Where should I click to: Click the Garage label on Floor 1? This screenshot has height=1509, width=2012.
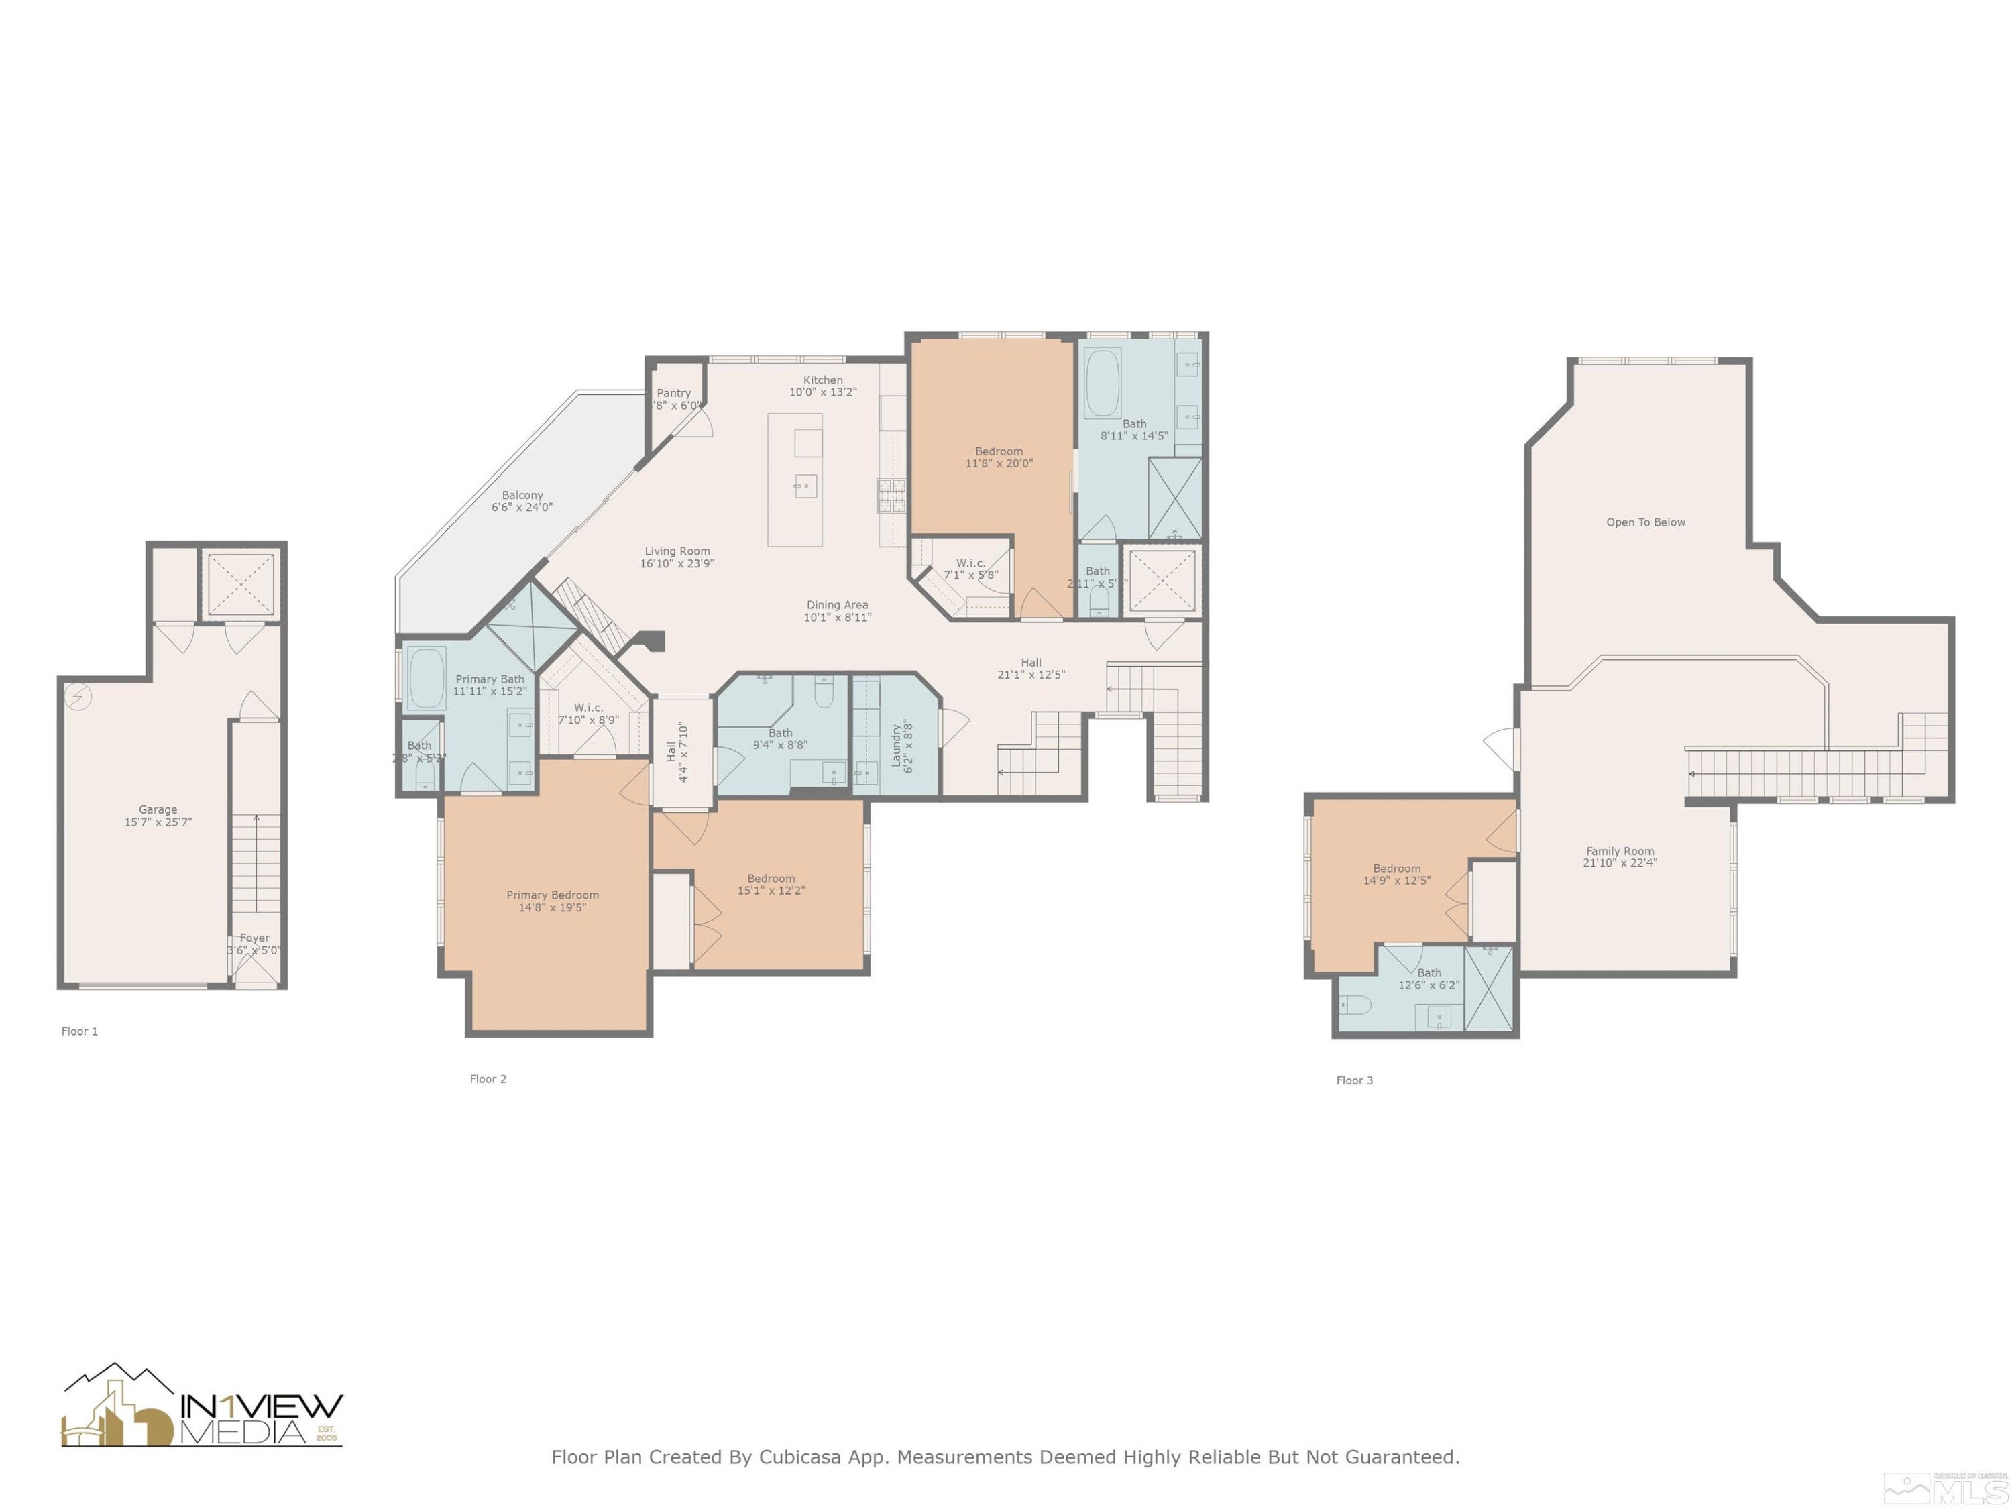158,809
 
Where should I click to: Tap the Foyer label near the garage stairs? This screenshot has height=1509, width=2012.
255,938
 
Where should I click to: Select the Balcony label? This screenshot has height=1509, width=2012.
522,496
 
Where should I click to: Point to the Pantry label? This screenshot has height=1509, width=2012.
674,393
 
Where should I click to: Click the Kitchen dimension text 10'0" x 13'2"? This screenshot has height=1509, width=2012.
822,392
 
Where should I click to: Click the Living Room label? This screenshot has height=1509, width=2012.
677,551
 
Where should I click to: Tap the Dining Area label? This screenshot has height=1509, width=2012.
837,605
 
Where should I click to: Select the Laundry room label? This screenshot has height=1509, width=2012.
896,744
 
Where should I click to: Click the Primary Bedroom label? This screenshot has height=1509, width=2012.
552,895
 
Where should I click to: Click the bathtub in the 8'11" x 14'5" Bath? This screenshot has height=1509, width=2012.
1101,382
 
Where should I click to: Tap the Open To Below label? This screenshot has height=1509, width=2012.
1645,522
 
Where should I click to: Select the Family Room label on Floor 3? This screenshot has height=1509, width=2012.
1620,851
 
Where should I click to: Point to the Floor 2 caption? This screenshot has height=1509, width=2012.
488,1078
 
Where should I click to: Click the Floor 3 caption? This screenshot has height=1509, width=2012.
1354,1080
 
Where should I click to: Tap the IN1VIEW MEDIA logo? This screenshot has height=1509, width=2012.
202,1406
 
